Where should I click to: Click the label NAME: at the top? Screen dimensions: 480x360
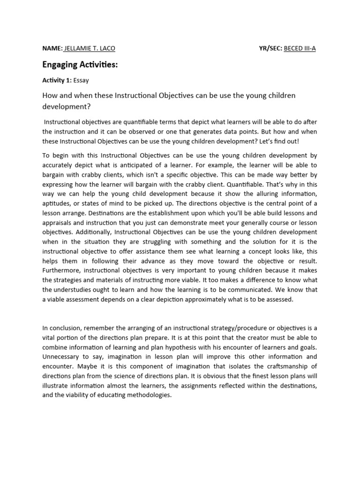click(52, 48)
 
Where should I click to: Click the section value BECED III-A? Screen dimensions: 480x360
click(300, 48)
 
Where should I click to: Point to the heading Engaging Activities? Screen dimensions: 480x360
click(80, 65)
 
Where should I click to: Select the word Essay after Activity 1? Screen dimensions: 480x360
click(81, 80)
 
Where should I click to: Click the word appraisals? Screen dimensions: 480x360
click(58, 222)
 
